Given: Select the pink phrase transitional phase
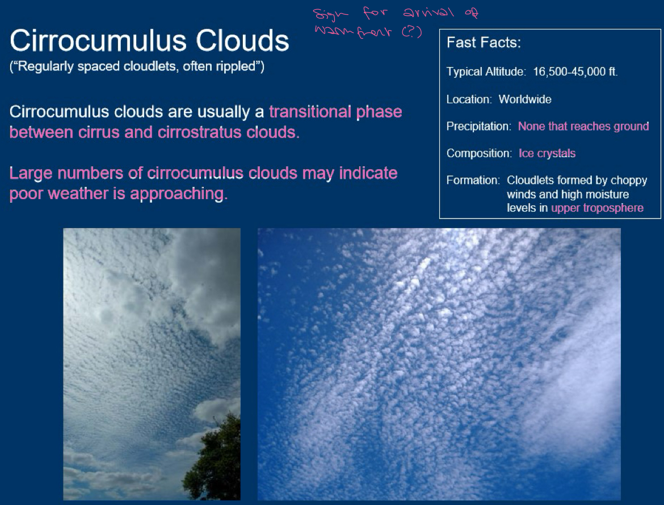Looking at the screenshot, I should coord(335,111).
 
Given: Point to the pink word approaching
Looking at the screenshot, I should coord(179,193).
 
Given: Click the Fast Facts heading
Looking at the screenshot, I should coord(484,43).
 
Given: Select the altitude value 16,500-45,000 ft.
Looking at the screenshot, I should coord(575,72).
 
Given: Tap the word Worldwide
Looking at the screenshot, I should coord(525,99).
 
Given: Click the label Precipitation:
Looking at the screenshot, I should coord(478,127).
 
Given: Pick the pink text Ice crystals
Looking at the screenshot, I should coord(547,153).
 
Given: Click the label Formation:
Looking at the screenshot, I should coord(473,180).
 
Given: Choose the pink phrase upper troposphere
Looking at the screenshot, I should coord(597,208).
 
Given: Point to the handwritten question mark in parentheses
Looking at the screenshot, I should coord(412,32).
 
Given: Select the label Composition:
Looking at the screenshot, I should coord(479,153).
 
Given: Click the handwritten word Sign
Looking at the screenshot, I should coord(331,12).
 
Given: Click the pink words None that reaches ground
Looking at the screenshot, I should coord(583,127).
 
